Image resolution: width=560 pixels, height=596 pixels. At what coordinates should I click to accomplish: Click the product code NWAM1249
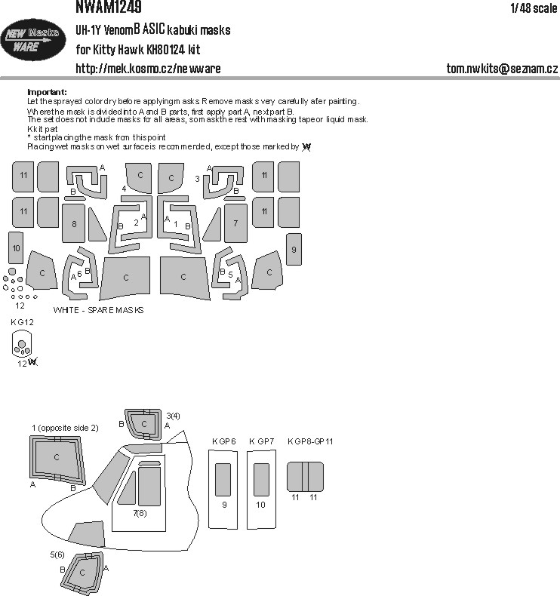(x=109, y=7)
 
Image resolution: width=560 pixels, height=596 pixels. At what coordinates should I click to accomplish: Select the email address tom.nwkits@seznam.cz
(x=502, y=69)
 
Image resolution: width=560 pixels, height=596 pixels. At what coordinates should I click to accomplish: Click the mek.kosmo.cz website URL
(x=149, y=69)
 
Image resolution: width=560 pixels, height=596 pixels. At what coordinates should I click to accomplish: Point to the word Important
(x=47, y=91)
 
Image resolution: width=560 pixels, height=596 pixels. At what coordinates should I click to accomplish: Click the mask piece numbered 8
(x=74, y=224)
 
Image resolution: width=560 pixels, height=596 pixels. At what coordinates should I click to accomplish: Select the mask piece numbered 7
(x=235, y=223)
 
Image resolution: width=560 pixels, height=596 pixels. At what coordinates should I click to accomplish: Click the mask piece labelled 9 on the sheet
(x=294, y=248)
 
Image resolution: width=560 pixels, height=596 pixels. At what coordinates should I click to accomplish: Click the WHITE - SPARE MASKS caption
(x=98, y=310)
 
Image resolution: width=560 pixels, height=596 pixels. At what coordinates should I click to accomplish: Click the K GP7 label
(x=260, y=440)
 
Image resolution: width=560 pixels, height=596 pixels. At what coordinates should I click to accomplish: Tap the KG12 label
(x=23, y=323)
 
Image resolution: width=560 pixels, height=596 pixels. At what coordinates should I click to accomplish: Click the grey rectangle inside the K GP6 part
(x=224, y=478)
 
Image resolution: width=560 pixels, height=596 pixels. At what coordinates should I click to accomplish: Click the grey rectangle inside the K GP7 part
(x=261, y=478)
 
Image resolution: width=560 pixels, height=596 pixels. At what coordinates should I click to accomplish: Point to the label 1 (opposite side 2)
(x=65, y=428)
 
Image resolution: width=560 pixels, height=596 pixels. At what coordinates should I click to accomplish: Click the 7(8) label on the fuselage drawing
(x=140, y=513)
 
